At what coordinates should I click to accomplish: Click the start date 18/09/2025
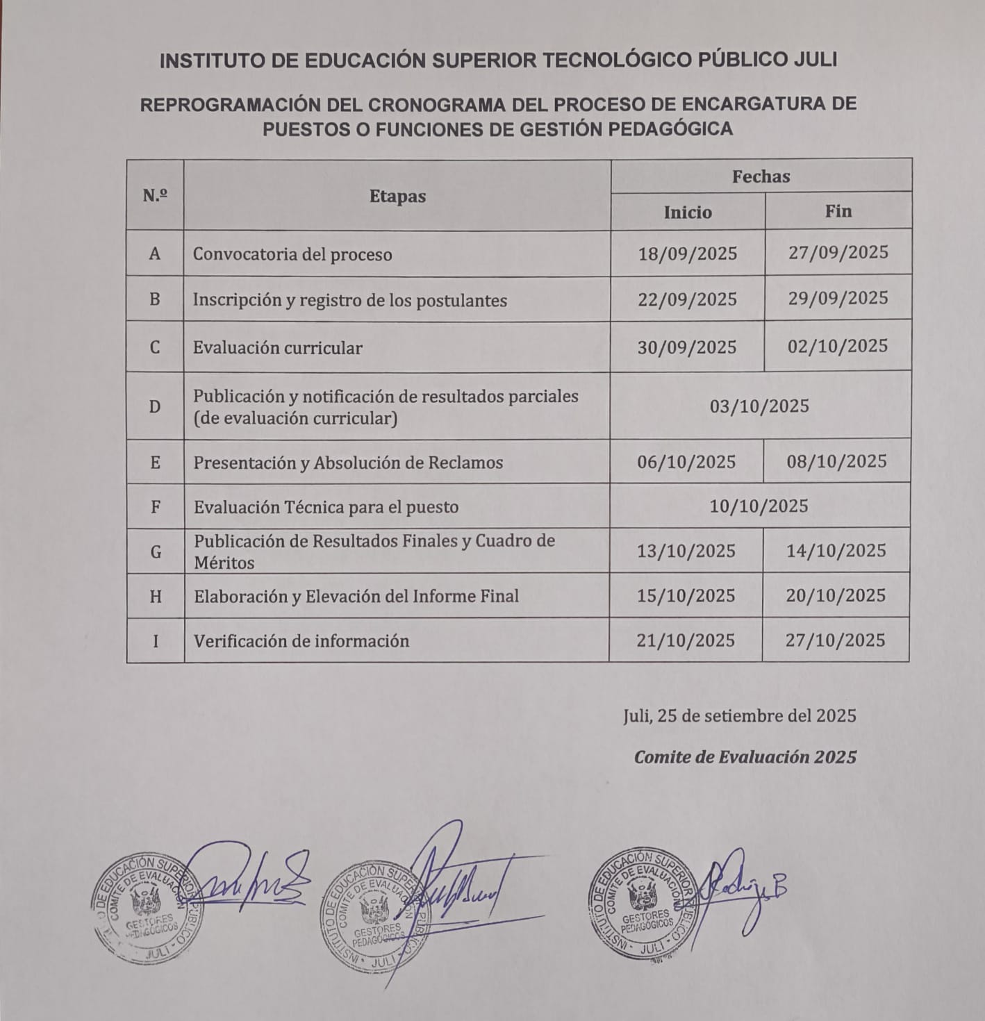click(687, 254)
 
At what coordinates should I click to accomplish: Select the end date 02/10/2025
click(837, 346)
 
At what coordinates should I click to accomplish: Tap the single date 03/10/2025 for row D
click(759, 406)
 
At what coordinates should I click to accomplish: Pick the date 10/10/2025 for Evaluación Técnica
click(759, 506)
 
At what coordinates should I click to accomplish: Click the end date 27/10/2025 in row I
click(835, 640)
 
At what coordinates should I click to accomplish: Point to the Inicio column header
click(688, 212)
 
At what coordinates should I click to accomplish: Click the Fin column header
click(838, 210)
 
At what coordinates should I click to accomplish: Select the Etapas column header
click(397, 197)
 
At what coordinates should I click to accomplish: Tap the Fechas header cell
click(761, 176)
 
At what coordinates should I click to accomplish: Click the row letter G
click(156, 551)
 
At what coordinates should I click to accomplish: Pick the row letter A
click(155, 254)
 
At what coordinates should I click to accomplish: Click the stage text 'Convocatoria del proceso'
click(292, 254)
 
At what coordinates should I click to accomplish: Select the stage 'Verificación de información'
click(301, 640)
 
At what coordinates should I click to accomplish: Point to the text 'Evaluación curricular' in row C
click(278, 347)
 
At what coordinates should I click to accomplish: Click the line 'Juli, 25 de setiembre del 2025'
click(739, 715)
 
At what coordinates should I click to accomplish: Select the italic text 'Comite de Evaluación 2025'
click(745, 756)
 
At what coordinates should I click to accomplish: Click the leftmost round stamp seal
click(145, 906)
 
